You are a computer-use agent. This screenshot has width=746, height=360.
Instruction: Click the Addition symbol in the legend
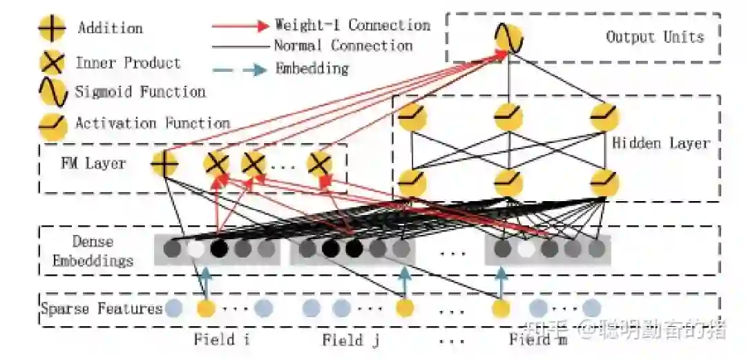52,28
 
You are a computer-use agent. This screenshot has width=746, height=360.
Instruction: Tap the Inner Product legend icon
52,63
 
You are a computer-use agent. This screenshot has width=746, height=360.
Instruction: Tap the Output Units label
654,37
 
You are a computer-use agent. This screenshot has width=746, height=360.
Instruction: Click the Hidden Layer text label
660,143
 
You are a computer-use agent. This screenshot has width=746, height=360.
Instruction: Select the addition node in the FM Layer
164,164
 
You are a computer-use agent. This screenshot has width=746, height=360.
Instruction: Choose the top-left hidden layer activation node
412,117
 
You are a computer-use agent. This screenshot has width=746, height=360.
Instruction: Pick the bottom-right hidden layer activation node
604,183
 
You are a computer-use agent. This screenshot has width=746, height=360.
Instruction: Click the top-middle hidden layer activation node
508,117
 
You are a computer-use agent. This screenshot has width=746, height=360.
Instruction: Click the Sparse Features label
102,308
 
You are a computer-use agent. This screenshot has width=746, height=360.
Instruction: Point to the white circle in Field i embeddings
196,249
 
